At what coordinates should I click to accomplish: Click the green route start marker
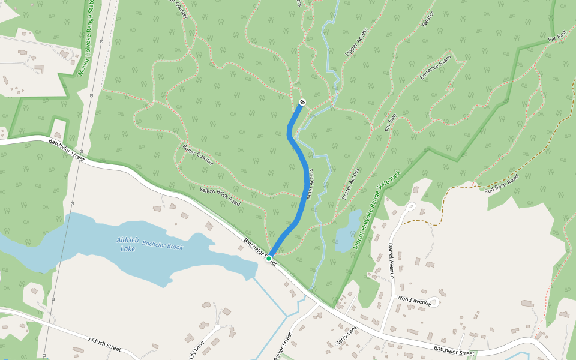click(269, 258)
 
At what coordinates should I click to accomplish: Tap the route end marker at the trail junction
click(302, 103)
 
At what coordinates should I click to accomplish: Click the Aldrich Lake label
click(128, 244)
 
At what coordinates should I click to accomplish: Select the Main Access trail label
click(310, 184)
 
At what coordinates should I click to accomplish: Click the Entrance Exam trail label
click(435, 68)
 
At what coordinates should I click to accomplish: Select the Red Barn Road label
click(501, 184)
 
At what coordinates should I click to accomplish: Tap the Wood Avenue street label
click(413, 300)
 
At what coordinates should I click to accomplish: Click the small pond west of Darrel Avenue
click(347, 231)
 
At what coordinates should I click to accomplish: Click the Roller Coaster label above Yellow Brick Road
click(197, 154)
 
